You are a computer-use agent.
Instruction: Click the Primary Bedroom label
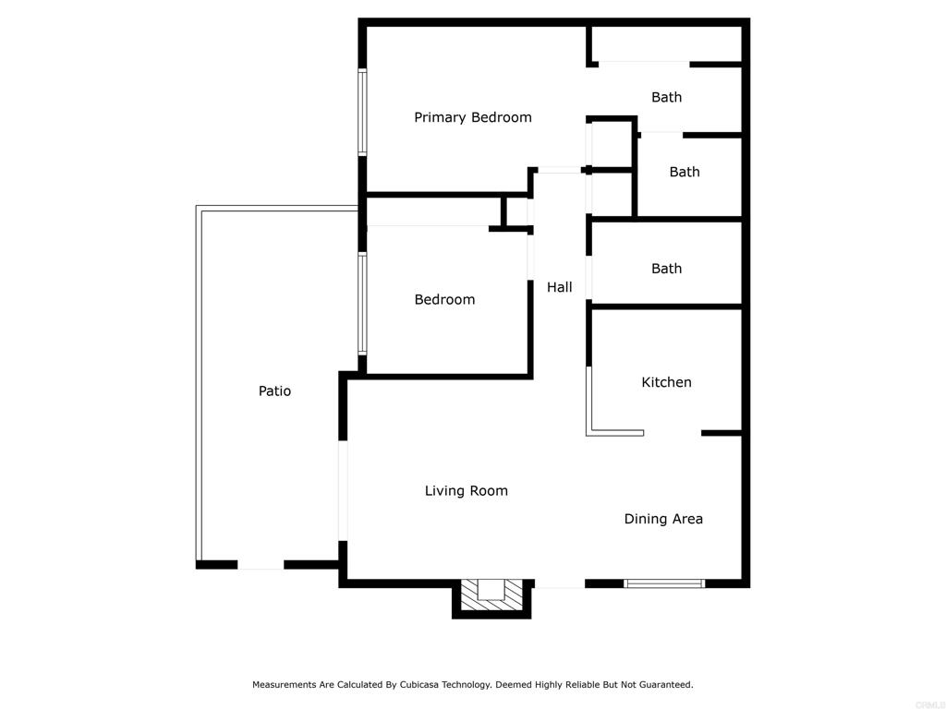tap(473, 117)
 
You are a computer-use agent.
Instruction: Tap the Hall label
tap(559, 287)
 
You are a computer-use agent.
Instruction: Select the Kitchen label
tap(666, 382)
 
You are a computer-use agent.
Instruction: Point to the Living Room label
tap(466, 491)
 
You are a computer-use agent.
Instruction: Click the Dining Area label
tap(663, 519)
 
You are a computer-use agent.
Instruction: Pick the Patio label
tap(274, 391)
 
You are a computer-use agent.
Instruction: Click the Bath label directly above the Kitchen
tap(666, 269)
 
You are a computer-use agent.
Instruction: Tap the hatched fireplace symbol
tap(491, 595)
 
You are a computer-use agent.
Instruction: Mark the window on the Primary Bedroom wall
tap(362, 112)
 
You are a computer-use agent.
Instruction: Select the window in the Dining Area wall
tap(663, 583)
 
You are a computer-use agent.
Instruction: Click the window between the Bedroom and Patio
tap(362, 303)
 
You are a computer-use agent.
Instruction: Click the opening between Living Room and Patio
tap(343, 491)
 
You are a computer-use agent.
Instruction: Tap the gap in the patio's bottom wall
tap(261, 565)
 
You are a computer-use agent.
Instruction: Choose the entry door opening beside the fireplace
tap(560, 583)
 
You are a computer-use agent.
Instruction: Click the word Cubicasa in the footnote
tap(418, 685)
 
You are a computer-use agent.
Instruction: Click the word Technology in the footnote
tap(467, 685)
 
